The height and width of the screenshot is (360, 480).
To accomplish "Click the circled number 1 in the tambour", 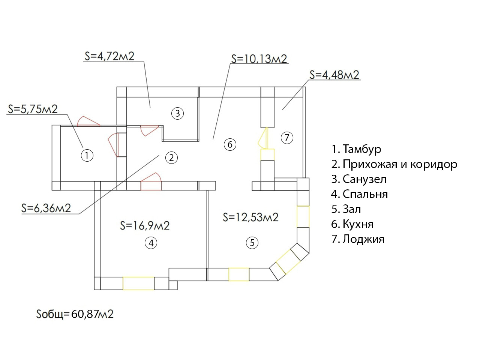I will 87,155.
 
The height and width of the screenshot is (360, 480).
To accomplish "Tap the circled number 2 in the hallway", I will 171,158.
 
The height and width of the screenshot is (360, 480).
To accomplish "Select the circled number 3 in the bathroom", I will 177,113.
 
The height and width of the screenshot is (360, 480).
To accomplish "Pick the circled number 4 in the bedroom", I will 151,243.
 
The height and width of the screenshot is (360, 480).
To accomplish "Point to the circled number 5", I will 252,243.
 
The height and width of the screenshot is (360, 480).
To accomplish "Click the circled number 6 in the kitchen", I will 230,144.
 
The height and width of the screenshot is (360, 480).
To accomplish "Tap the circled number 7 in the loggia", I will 287,138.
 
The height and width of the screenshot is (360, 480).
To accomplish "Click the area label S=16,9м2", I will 145,225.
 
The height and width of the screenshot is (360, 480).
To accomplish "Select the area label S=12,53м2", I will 250,217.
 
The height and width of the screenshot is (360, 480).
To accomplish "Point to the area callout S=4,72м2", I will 109,56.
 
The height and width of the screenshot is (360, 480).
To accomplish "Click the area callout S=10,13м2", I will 259,59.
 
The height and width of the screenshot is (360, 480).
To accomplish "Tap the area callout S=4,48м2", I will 334,75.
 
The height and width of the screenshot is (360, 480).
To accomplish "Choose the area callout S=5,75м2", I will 33,109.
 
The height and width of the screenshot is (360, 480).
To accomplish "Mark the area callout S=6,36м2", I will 46,208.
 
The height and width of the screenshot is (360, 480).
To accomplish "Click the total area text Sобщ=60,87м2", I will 75,314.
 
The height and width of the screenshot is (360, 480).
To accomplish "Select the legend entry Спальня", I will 360,194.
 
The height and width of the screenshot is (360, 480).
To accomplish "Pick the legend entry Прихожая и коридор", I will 394,164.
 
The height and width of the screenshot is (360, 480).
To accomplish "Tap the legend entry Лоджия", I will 358,239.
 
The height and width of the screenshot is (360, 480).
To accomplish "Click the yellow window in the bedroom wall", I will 138,283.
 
